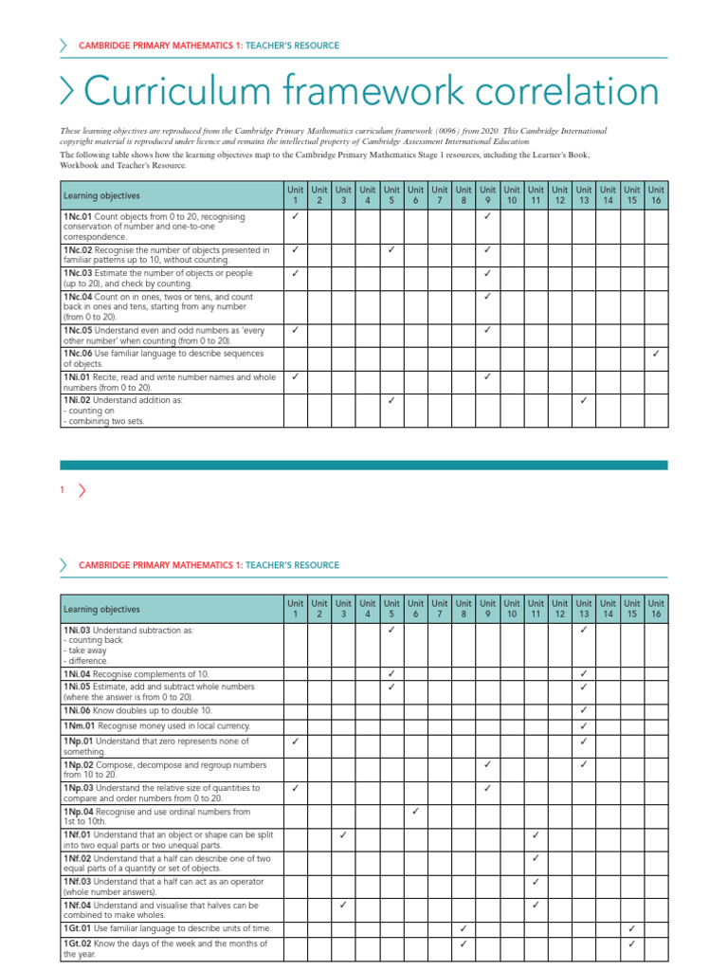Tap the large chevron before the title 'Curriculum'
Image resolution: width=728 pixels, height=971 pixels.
tap(68, 92)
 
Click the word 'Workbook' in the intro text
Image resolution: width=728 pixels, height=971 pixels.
tap(80, 165)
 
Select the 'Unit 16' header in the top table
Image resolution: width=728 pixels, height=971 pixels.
tap(656, 195)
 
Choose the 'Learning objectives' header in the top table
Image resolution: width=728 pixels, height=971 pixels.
tap(101, 196)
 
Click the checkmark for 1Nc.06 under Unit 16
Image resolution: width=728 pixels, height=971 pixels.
tap(656, 354)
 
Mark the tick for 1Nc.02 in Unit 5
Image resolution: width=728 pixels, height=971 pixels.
tap(391, 250)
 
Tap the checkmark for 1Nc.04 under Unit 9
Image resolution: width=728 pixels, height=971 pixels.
tap(487, 297)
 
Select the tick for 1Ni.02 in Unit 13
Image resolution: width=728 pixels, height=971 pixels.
tap(583, 400)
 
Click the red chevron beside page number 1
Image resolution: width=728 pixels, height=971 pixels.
tap(82, 490)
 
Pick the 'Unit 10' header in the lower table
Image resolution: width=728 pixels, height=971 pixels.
tap(512, 609)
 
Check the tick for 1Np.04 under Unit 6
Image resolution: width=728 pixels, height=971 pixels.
tap(415, 812)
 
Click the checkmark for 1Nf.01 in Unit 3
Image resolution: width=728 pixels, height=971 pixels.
tap(343, 835)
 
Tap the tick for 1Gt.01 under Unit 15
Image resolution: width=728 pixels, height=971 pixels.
tap(631, 928)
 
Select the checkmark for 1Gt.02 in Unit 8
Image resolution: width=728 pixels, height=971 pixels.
tap(464, 944)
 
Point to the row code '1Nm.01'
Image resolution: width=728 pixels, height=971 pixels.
tap(79, 725)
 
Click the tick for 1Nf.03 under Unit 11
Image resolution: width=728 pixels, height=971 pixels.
tap(536, 882)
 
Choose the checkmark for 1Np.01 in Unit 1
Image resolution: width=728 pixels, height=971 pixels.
tap(296, 742)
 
